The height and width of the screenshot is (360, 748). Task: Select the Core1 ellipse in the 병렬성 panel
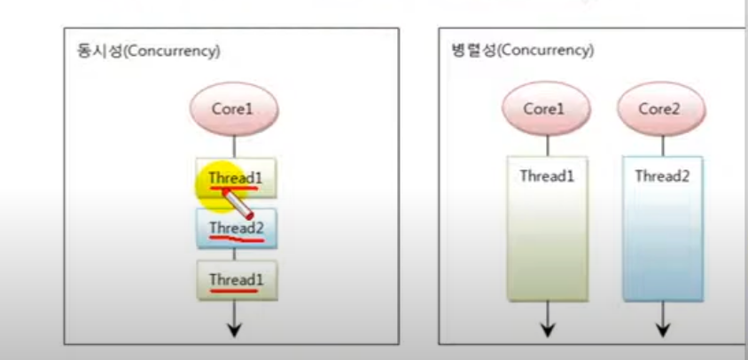tap(543, 110)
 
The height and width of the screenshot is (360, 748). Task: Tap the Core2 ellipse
tap(659, 110)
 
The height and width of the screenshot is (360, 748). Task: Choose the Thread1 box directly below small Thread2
tap(236, 280)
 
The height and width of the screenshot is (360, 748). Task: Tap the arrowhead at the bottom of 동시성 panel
tap(235, 329)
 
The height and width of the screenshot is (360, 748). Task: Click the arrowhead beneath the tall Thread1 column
tap(548, 329)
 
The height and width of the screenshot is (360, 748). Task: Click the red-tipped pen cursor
tap(236, 203)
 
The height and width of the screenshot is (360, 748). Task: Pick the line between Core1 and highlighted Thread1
tap(235, 145)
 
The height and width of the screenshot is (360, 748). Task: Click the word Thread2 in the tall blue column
tap(660, 176)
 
